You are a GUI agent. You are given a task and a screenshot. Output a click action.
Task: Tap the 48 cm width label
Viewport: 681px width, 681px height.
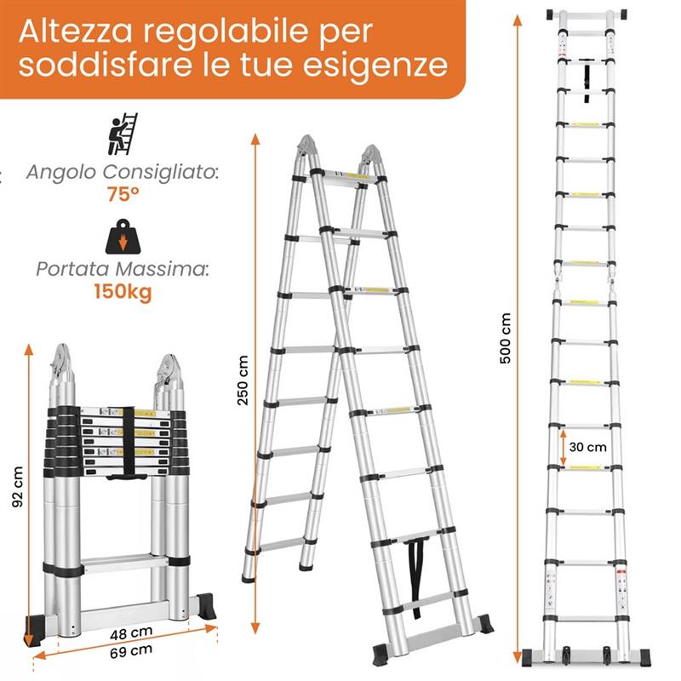[x=127, y=634]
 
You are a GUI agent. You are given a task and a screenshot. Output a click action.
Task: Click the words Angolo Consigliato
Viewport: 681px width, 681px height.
[x=122, y=173]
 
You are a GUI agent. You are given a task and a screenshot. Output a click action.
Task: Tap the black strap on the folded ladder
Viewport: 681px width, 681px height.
[x=125, y=443]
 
